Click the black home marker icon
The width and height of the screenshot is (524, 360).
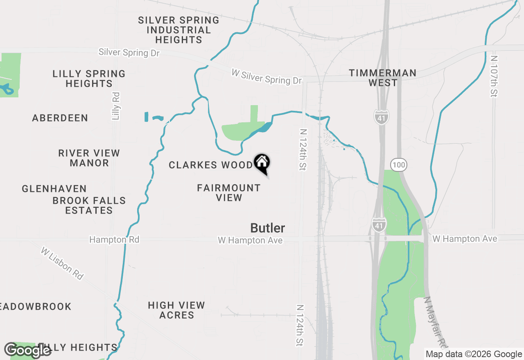[x=262, y=163]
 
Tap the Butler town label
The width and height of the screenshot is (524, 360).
[x=268, y=228]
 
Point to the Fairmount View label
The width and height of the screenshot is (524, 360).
[x=229, y=193]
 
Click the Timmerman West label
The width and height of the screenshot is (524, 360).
[x=383, y=78]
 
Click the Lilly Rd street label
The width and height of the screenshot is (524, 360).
[x=116, y=106]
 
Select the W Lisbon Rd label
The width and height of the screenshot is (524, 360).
[x=62, y=263]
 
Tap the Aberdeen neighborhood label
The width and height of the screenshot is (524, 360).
[x=60, y=118]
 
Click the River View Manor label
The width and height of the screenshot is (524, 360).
[x=89, y=158]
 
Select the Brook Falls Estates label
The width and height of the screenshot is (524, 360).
[x=89, y=205]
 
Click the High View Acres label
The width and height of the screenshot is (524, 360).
[x=176, y=310]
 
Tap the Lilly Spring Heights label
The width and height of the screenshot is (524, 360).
[x=89, y=79]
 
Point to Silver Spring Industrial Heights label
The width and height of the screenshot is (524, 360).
[x=178, y=30]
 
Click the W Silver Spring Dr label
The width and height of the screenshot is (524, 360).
[x=267, y=77]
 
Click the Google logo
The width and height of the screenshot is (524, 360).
[x=28, y=351]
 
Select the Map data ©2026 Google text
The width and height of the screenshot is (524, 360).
[x=474, y=354]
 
